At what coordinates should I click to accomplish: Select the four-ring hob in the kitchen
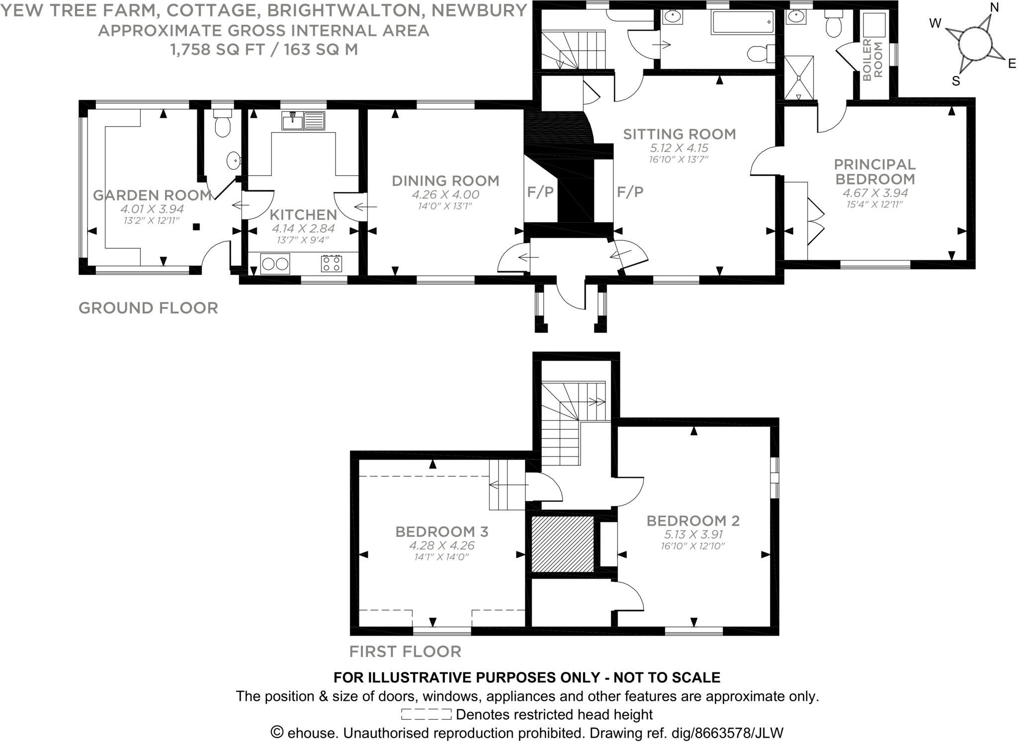pyautogui.click(x=332, y=263)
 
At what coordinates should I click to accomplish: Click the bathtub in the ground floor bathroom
pyautogui.click(x=743, y=22)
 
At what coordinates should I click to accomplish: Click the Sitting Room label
pyautogui.click(x=679, y=134)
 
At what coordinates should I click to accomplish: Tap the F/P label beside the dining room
pyautogui.click(x=540, y=192)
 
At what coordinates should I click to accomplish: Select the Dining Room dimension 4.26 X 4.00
pyautogui.click(x=445, y=194)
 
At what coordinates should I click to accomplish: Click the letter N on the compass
pyautogui.click(x=994, y=7)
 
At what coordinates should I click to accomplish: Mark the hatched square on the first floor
pyautogui.click(x=563, y=544)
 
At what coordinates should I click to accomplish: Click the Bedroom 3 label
pyautogui.click(x=441, y=532)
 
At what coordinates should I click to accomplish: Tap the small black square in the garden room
pyautogui.click(x=196, y=227)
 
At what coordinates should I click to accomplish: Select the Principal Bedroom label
pyautogui.click(x=874, y=171)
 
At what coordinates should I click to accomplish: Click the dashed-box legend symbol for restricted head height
pyautogui.click(x=426, y=715)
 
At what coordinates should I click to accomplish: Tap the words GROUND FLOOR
pyautogui.click(x=148, y=308)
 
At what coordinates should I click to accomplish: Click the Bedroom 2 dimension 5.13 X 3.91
pyautogui.click(x=693, y=535)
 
